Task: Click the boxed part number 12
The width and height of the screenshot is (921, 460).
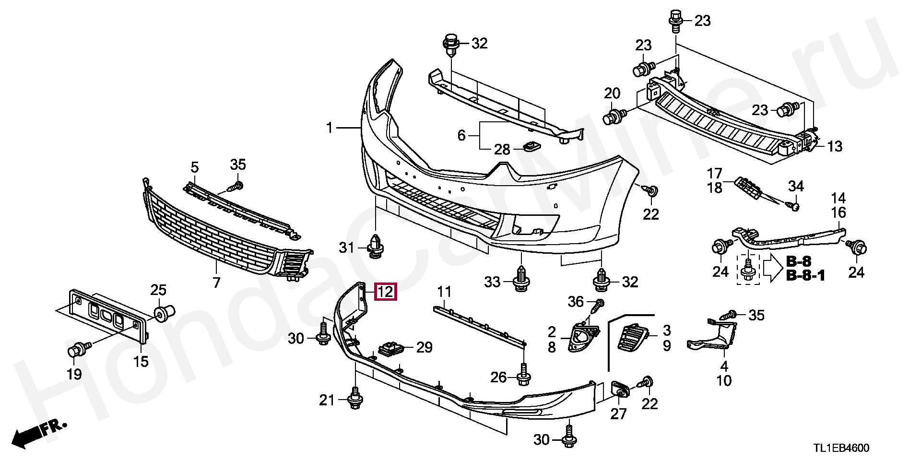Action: pos(386,291)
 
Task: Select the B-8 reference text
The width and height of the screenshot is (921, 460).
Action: pos(799,261)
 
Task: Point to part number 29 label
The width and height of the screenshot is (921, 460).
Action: pos(424,347)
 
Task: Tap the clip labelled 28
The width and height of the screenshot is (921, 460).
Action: pos(530,146)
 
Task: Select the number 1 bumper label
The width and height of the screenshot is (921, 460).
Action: pos(329,128)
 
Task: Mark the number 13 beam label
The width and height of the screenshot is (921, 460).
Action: pos(835,146)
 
